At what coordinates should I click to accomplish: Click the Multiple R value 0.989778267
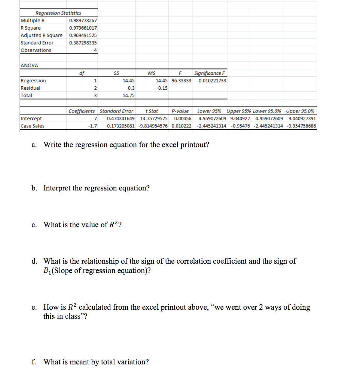tap(83, 21)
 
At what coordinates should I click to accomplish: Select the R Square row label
tap(31, 28)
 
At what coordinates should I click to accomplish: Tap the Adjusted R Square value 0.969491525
tap(83, 35)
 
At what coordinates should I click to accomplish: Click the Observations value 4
tap(96, 50)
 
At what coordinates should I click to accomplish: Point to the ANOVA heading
tap(29, 65)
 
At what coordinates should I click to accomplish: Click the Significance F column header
tap(210, 73)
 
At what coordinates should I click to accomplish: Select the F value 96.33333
tap(181, 81)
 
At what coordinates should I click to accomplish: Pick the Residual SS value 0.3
tap(131, 88)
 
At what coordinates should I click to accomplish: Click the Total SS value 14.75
tap(129, 95)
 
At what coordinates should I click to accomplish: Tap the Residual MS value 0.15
tap(163, 88)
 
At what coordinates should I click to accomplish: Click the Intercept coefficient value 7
tap(96, 119)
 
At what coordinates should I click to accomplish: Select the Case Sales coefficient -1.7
tap(92, 126)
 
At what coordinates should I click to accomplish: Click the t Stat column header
tap(152, 111)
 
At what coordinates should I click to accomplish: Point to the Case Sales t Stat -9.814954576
tap(153, 126)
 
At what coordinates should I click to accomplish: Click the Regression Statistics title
tap(58, 13)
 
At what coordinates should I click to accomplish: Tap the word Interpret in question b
tap(58, 188)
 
